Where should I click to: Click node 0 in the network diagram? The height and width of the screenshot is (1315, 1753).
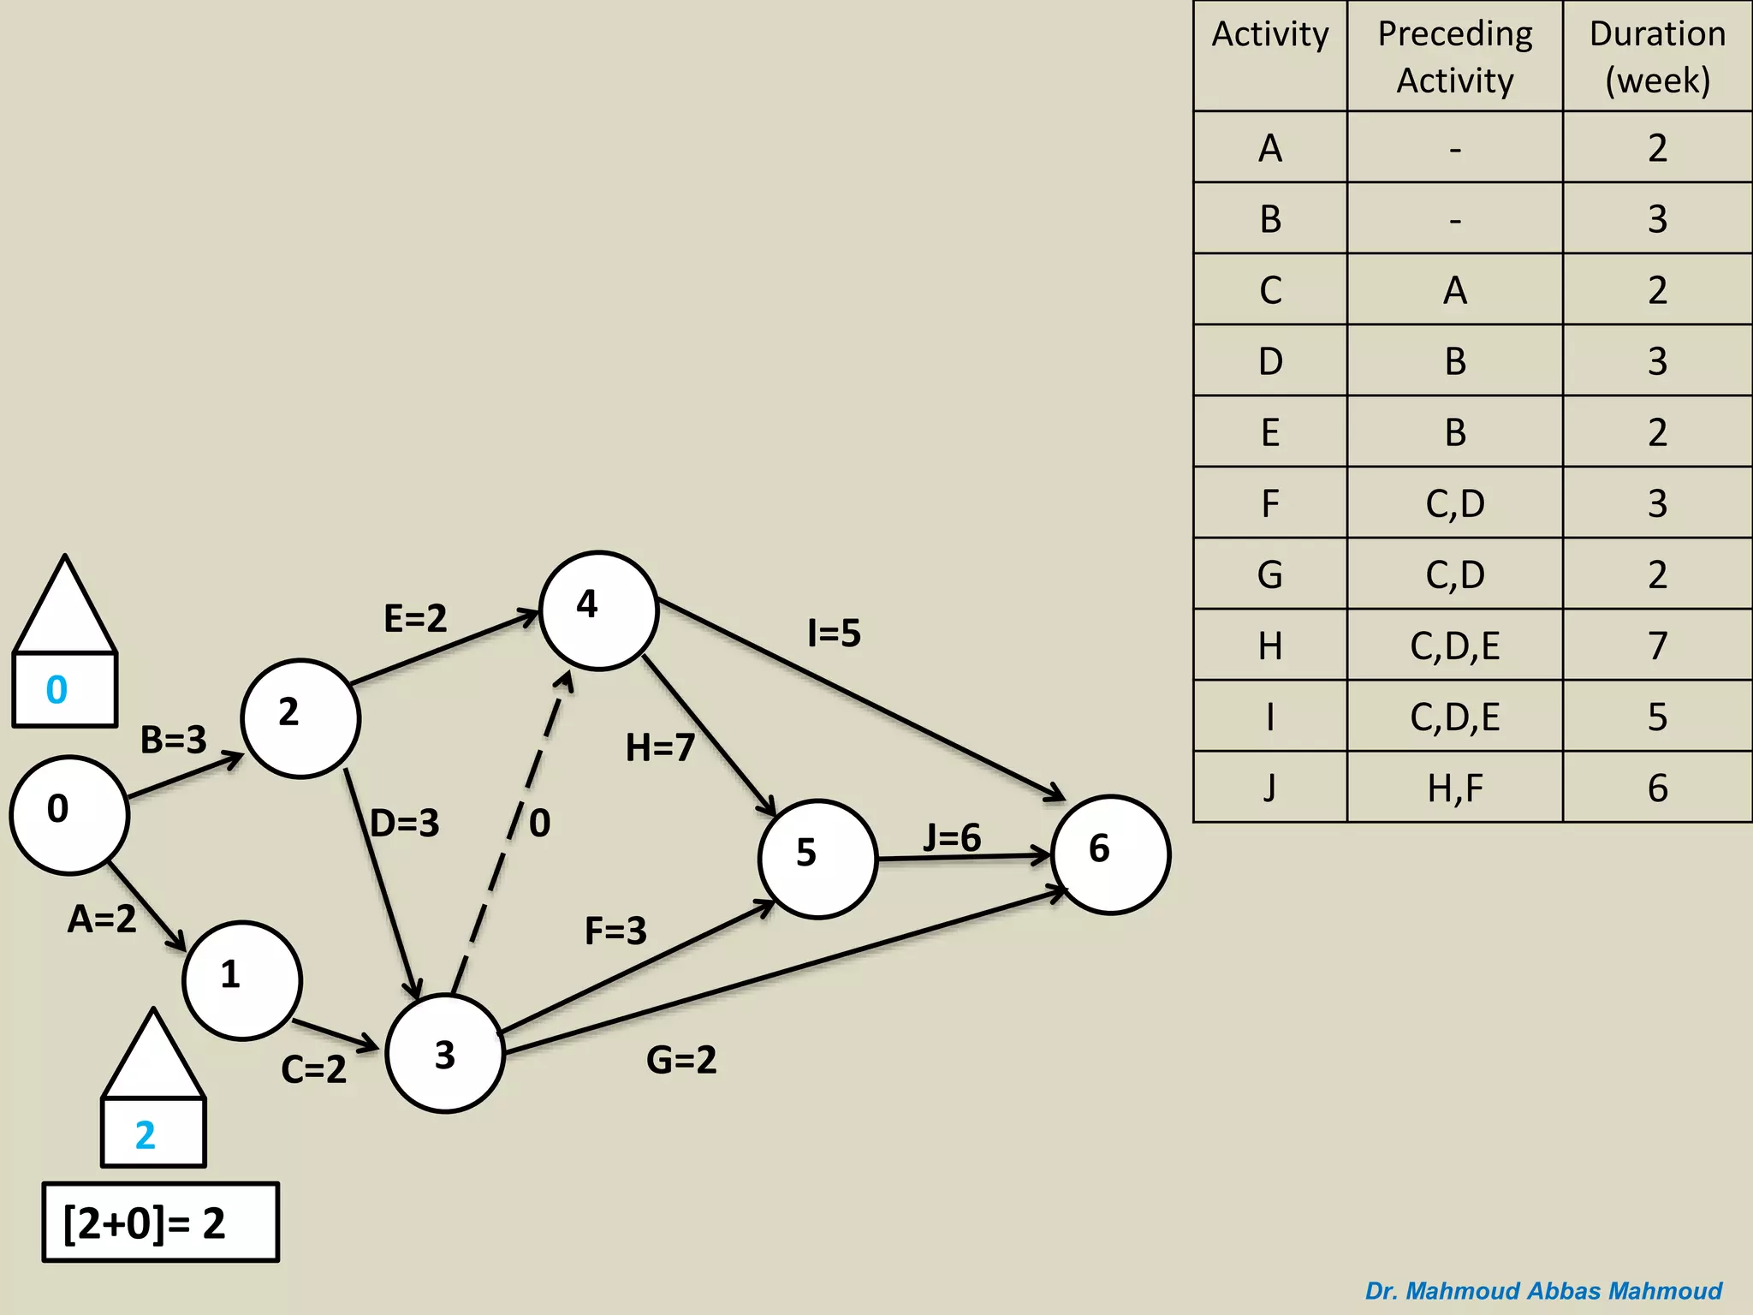tap(69, 814)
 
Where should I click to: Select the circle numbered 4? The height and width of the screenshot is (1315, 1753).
tap(598, 610)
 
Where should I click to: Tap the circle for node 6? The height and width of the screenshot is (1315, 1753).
tap(1110, 854)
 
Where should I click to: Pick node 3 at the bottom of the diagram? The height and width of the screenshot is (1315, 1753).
tap(445, 1053)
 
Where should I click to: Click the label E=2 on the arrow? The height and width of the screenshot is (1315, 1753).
tap(415, 618)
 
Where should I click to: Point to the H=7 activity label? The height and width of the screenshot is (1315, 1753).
tap(660, 747)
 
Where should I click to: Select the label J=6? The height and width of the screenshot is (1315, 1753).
tap(952, 837)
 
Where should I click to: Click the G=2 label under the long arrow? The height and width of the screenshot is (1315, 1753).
tap(681, 1060)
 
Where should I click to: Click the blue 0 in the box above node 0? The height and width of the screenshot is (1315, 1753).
tap(57, 689)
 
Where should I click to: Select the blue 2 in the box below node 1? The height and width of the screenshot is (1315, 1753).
tap(146, 1135)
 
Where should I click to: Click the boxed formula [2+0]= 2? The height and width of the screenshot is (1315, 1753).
tap(161, 1223)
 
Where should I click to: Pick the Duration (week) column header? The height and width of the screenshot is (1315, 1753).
tap(1657, 57)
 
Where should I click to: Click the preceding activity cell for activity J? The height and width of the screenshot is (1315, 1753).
tap(1454, 788)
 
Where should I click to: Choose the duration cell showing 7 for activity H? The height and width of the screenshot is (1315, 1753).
tap(1657, 646)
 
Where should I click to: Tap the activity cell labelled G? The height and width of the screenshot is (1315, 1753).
tap(1270, 574)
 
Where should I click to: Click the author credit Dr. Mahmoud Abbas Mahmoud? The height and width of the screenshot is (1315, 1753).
tap(1543, 1290)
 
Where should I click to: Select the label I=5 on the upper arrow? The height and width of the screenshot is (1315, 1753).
tap(834, 634)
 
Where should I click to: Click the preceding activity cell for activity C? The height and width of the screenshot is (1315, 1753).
tap(1454, 290)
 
